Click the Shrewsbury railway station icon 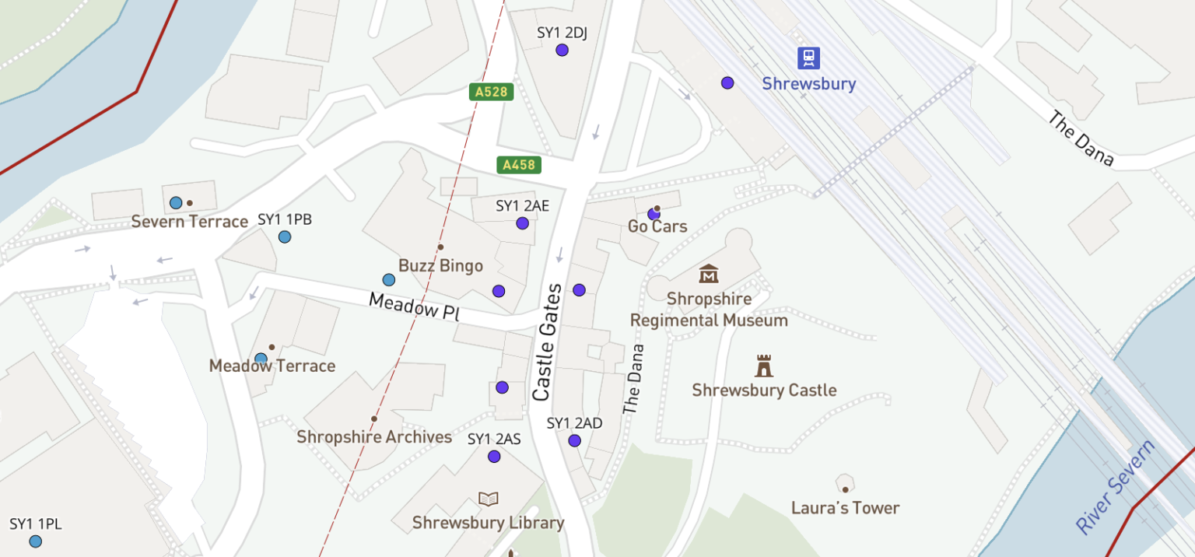[809, 58]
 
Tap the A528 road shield [491, 92]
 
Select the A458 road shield [519, 165]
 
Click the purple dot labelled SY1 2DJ [562, 50]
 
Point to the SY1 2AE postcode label [522, 206]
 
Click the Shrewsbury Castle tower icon [764, 366]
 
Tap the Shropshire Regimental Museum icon [709, 274]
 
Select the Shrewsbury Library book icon [488, 499]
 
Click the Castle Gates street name [546, 342]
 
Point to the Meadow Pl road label [414, 307]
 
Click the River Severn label [1116, 487]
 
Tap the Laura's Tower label [845, 508]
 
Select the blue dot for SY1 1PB [285, 236]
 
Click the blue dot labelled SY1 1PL [35, 541]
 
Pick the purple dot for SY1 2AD [574, 440]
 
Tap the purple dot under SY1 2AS [494, 457]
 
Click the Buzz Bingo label [440, 265]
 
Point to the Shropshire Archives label [374, 437]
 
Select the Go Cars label [657, 226]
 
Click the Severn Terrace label [189, 222]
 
